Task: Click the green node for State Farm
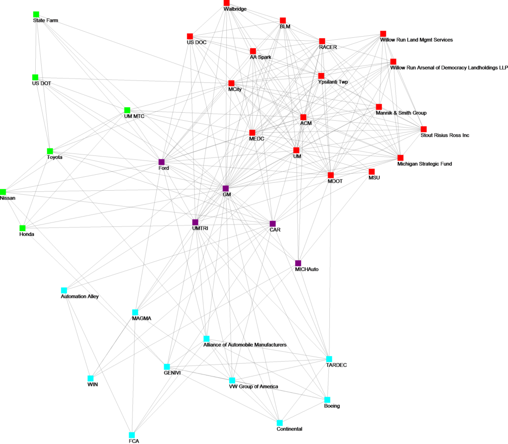point(36,14)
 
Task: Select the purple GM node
point(226,188)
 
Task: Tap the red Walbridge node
point(227,3)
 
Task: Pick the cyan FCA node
point(131,434)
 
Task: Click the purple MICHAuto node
point(298,263)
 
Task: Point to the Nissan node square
point(3,192)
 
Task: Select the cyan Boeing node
point(327,399)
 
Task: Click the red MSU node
point(371,171)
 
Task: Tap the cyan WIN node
point(90,377)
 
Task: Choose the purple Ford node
point(161,162)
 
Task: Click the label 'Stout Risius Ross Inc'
point(444,135)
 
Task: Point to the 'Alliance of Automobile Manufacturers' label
point(245,345)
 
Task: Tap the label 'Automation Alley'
point(79,296)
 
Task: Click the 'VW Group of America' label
point(253,386)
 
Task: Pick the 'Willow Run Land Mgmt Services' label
point(416,39)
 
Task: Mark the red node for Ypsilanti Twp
point(321,76)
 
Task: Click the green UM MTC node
point(127,110)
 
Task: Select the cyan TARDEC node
point(329,359)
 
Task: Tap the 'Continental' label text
point(289,429)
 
